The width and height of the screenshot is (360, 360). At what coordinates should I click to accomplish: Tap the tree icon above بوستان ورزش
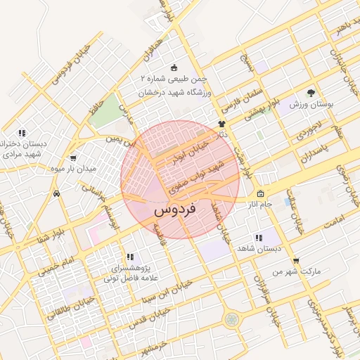[311, 92]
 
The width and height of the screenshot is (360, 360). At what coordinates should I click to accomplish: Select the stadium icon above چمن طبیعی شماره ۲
[174, 67]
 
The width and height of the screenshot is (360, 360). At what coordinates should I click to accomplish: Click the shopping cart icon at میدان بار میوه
[74, 158]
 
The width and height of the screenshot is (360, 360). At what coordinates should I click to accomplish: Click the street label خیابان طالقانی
[65, 307]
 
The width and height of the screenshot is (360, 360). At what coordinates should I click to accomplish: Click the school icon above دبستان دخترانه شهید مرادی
[22, 133]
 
